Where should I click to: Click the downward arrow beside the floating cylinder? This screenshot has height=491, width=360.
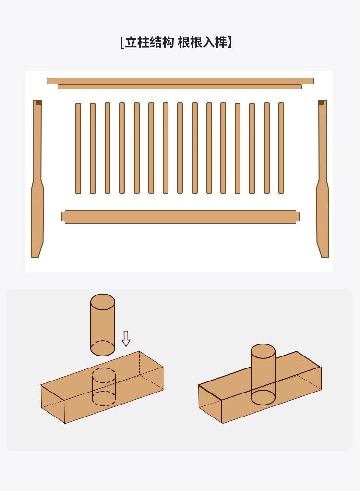click(126, 339)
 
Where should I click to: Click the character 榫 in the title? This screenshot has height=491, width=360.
click(221, 42)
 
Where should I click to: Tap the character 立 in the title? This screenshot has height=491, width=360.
click(131, 42)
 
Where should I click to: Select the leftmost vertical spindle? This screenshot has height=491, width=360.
click(78, 148)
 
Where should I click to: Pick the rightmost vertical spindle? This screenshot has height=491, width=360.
click(281, 148)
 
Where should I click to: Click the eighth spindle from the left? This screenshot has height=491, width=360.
click(180, 148)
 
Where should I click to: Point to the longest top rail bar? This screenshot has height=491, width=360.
click(180, 81)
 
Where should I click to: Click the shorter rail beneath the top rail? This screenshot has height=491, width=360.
click(180, 87)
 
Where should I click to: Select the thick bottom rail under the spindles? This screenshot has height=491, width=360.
click(180, 217)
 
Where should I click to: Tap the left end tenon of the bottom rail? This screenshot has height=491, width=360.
click(63, 217)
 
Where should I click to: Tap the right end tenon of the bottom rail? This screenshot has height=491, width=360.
click(298, 217)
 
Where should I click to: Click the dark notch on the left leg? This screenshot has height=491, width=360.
click(39, 103)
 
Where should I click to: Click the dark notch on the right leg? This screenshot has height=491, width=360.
click(321, 103)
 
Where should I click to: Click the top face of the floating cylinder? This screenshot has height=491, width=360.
click(103, 302)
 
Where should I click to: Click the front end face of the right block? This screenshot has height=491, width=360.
click(210, 404)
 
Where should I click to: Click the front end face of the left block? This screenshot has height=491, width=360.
click(52, 404)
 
